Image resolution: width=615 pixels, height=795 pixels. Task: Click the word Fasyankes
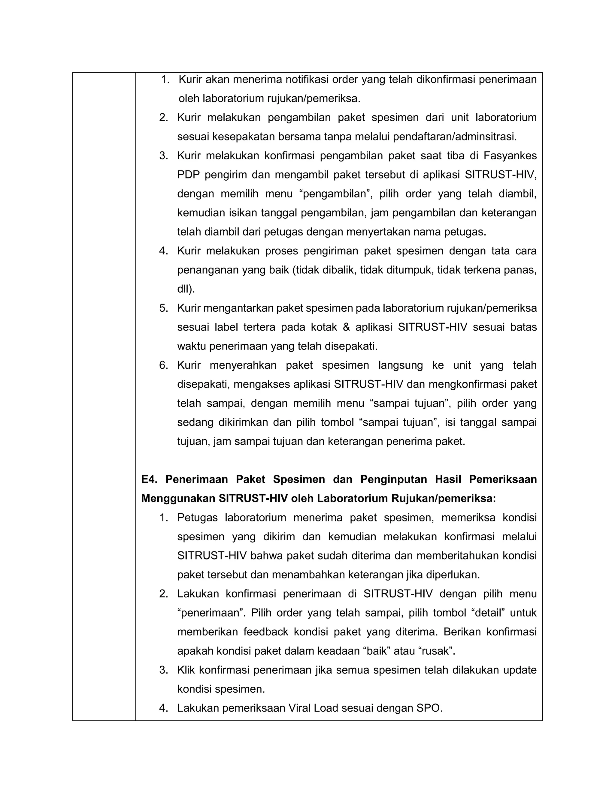pyautogui.click(x=510, y=156)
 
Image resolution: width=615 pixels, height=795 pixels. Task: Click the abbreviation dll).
pyautogui.click(x=186, y=289)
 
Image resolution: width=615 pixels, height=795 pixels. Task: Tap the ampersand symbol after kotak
pyautogui.click(x=346, y=327)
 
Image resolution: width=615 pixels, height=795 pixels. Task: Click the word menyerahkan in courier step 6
pyautogui.click(x=243, y=365)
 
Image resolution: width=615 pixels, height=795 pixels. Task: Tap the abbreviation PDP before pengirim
pyautogui.click(x=188, y=175)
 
